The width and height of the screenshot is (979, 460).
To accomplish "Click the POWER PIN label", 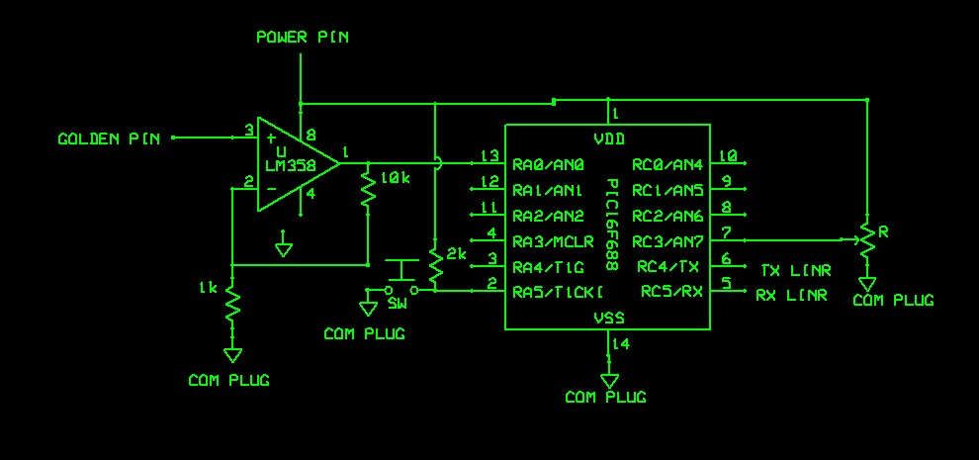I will pyautogui.click(x=302, y=38).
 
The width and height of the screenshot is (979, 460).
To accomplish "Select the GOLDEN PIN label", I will pyautogui.click(x=109, y=139).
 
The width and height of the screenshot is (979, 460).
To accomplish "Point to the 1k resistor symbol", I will pyautogui.click(x=232, y=305).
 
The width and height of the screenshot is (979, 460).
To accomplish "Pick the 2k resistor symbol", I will pyautogui.click(x=435, y=262).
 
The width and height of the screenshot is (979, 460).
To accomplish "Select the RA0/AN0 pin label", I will pyautogui.click(x=549, y=164).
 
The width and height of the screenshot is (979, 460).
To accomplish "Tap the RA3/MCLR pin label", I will pyautogui.click(x=553, y=241).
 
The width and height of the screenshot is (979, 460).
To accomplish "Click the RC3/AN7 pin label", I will pyautogui.click(x=667, y=241).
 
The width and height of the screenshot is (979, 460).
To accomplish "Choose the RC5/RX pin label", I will pyautogui.click(x=671, y=292).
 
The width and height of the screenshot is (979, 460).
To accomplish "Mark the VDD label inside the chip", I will pyautogui.click(x=608, y=138).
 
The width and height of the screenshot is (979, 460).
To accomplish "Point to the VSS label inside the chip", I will pyautogui.click(x=608, y=318).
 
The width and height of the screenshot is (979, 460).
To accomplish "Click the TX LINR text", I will pyautogui.click(x=796, y=270).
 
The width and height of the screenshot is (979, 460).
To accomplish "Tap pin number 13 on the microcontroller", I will pyautogui.click(x=489, y=156).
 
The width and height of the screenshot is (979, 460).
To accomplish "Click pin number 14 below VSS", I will pyautogui.click(x=621, y=344).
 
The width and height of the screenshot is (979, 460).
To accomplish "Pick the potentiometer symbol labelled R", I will pyautogui.click(x=866, y=237).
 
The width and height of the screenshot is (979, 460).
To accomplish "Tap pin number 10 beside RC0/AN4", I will pyautogui.click(x=728, y=155).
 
